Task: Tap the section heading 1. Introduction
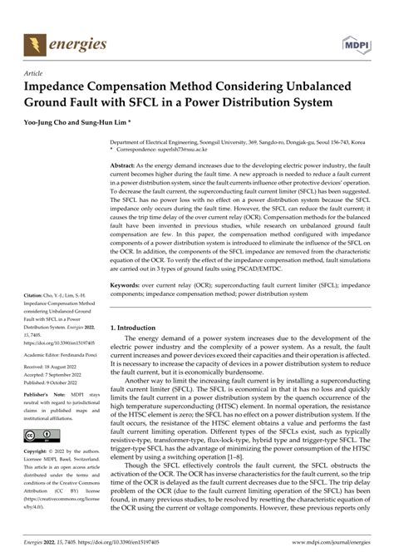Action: pos(140,328)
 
